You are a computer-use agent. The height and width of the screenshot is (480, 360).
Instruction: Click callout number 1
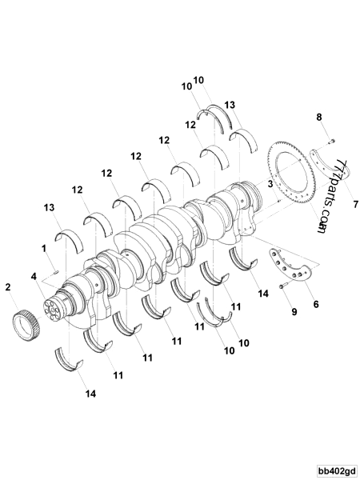click(44, 248)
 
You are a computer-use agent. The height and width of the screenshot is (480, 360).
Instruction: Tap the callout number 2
click(8, 286)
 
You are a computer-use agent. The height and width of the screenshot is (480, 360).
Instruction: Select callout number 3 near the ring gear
click(270, 184)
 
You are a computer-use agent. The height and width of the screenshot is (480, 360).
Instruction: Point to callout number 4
click(33, 277)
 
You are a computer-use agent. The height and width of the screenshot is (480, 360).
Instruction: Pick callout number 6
click(315, 304)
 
